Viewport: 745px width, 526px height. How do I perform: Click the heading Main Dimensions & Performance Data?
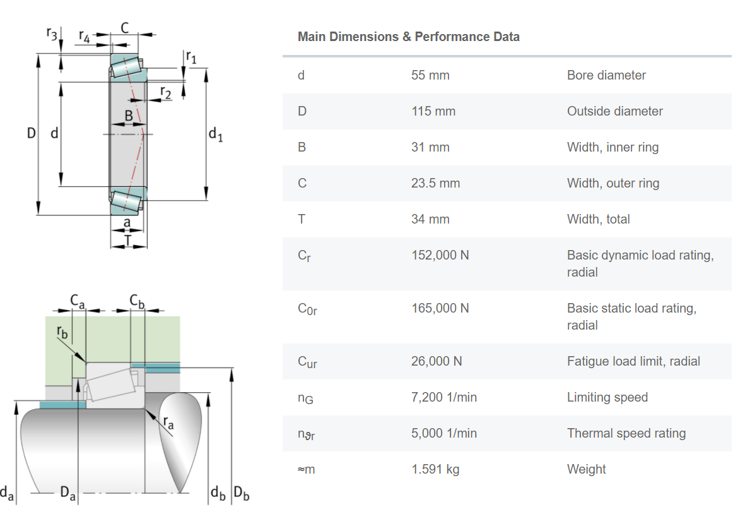point(408,37)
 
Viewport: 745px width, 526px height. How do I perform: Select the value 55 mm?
point(430,75)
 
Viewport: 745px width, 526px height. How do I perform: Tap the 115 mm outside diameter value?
point(433,111)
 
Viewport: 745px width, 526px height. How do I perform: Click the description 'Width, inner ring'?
point(613,147)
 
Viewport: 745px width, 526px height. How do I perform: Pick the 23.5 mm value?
point(435,183)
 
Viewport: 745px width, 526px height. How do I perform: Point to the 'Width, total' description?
point(598,219)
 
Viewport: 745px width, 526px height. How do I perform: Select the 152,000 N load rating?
point(440,255)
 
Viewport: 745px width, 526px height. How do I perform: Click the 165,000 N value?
point(440,308)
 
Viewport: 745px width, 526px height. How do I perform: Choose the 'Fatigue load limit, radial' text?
point(633,361)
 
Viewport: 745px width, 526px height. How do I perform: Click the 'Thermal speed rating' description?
point(626,433)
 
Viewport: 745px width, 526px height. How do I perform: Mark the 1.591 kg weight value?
point(435,469)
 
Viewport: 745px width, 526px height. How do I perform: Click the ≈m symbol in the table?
point(306,469)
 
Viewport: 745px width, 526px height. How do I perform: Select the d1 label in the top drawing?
point(215,134)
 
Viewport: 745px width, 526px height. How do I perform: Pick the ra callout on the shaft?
point(168,422)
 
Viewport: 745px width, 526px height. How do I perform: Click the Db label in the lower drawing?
point(242,493)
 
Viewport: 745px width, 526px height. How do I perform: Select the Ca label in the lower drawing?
point(77,301)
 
